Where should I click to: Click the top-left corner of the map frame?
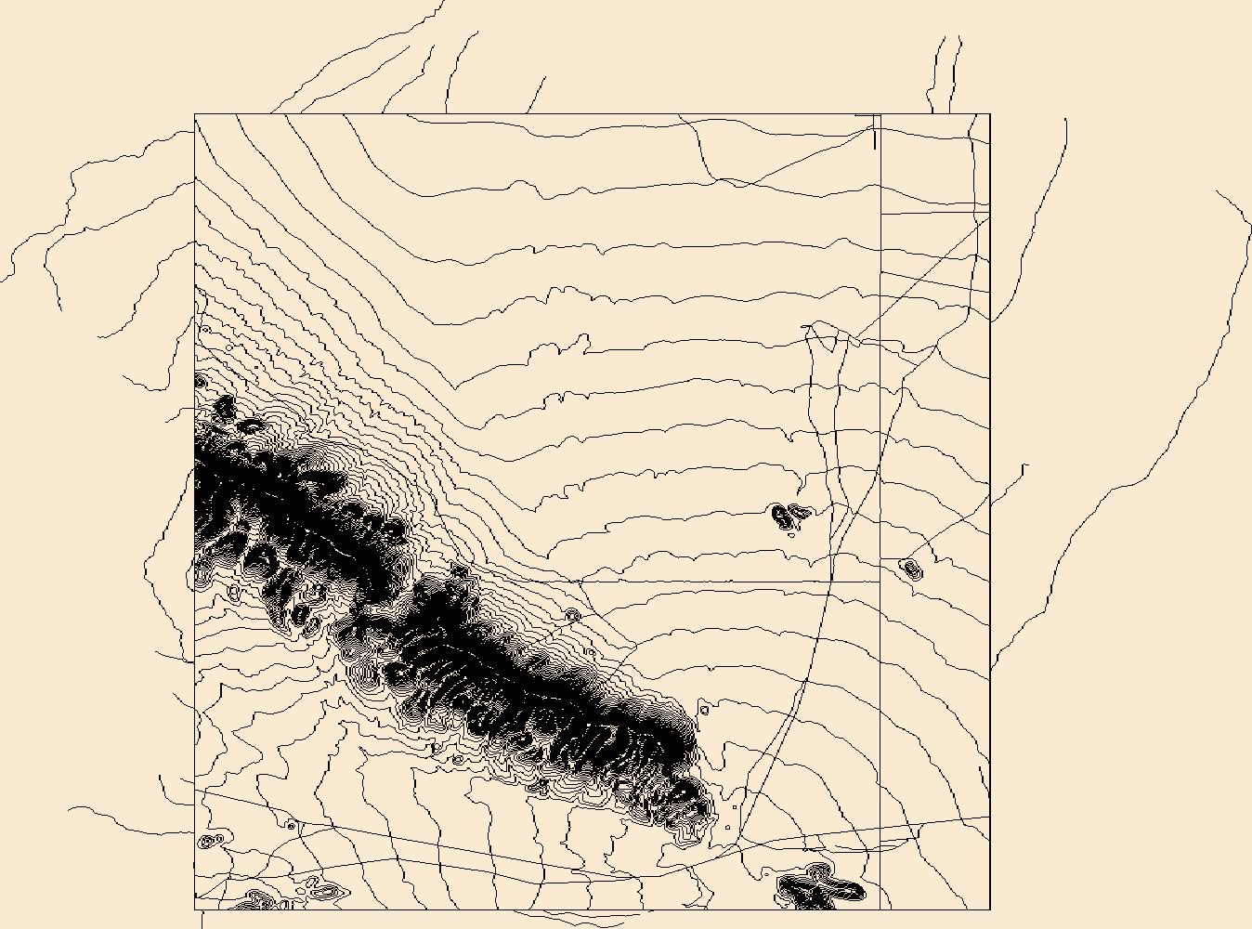tap(195, 114)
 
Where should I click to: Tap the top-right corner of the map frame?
tap(990, 114)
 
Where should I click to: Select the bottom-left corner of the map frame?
tap(195, 909)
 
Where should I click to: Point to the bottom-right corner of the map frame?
tap(990, 909)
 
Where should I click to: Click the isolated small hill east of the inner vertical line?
tap(910, 567)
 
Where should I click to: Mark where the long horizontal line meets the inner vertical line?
tap(880, 582)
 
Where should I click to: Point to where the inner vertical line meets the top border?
tap(880, 114)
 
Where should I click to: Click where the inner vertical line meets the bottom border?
tap(880, 909)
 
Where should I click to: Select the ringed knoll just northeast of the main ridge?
tap(573, 615)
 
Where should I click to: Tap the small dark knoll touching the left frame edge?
tap(201, 381)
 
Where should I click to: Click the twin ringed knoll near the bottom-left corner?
tap(211, 842)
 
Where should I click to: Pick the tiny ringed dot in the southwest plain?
tap(292, 825)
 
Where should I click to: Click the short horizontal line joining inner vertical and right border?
tap(934, 213)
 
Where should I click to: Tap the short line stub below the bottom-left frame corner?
tap(202, 919)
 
